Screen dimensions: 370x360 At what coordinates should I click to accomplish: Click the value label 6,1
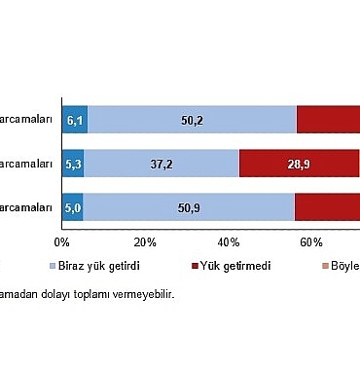[x=74, y=120]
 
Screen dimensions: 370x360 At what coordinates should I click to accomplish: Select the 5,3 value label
[x=74, y=164]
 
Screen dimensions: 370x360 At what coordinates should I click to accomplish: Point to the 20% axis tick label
[x=145, y=241]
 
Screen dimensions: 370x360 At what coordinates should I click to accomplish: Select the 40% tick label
[x=229, y=241]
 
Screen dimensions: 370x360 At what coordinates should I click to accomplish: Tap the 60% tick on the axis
[x=311, y=241]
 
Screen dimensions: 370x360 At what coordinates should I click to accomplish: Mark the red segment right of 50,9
[x=327, y=207]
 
